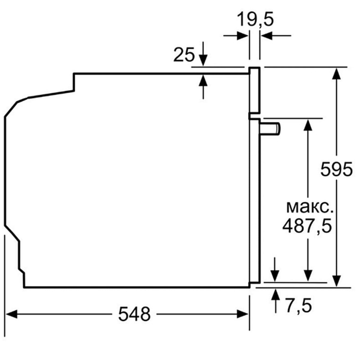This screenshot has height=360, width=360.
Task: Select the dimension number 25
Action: click(184, 55)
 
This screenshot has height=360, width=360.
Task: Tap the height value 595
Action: click(336, 170)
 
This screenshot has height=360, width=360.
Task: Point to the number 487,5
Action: click(307, 226)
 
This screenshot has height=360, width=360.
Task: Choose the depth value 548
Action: click(134, 314)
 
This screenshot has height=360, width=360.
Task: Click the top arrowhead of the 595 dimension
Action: click(336, 73)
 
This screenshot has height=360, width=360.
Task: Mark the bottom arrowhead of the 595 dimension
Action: click(336, 281)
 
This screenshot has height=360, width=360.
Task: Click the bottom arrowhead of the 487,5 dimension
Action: click(308, 276)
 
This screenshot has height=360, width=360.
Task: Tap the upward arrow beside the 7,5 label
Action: click(275, 294)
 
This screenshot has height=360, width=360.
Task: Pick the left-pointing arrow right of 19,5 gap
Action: click(267, 36)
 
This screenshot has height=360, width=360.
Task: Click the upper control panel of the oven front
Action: click(254, 91)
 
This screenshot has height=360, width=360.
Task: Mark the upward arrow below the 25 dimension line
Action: click(203, 81)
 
